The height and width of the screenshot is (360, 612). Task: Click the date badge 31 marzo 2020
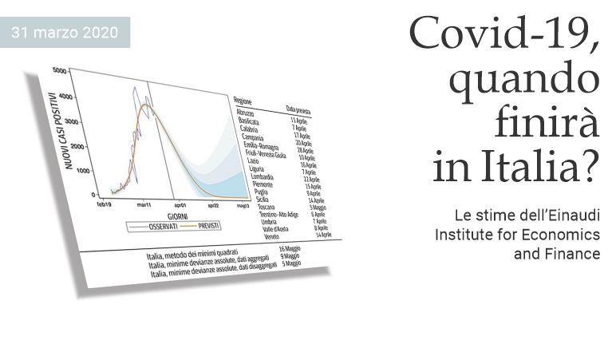(x=65, y=33)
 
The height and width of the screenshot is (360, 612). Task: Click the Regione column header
(x=243, y=101)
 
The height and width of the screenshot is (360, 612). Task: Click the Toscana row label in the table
(x=257, y=207)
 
